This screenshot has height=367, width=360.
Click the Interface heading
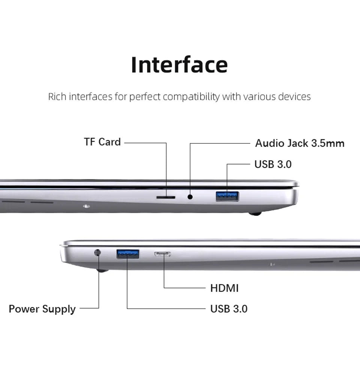point(179,65)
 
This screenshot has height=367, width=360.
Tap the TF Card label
point(102,142)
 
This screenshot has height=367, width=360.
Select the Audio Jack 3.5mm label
point(300,143)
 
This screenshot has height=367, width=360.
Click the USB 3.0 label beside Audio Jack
point(273,164)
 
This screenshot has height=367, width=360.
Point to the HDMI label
point(224,288)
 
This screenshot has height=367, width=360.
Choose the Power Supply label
point(42,309)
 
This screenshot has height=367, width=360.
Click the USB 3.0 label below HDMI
point(229,309)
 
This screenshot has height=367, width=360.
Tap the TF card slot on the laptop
point(165,196)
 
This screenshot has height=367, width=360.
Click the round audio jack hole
point(190,196)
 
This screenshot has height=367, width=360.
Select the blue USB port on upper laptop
point(227,196)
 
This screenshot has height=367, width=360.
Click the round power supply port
point(98,253)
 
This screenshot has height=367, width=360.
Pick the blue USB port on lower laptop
point(128,254)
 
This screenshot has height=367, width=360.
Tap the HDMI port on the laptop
point(163,254)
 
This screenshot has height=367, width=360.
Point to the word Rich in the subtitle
point(57,97)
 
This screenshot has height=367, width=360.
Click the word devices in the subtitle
point(294,97)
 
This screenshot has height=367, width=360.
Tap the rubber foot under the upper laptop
point(255,214)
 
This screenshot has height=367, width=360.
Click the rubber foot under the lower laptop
point(102,270)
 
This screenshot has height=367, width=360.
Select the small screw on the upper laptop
point(87,206)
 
